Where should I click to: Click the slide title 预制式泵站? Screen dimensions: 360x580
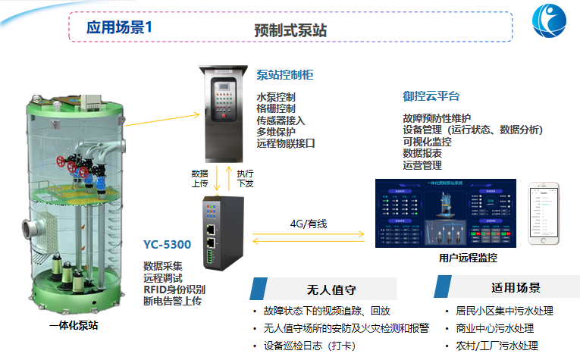click(291, 30)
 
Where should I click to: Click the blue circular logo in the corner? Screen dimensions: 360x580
click(553, 23)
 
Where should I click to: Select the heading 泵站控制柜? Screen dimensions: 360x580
click(285, 75)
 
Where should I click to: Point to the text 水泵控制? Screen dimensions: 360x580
click(275, 97)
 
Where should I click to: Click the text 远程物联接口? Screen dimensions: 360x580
click(285, 142)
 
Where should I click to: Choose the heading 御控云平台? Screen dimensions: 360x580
click(431, 96)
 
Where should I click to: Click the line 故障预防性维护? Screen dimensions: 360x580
click(437, 119)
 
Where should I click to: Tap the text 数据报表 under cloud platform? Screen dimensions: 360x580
click(422, 153)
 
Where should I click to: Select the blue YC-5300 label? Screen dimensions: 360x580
click(167, 244)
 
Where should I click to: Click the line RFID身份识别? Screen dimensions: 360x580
click(174, 289)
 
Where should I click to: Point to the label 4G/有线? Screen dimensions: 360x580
click(308, 224)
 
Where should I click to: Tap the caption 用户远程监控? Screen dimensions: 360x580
click(468, 258)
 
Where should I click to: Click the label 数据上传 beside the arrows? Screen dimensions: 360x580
click(199, 178)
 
